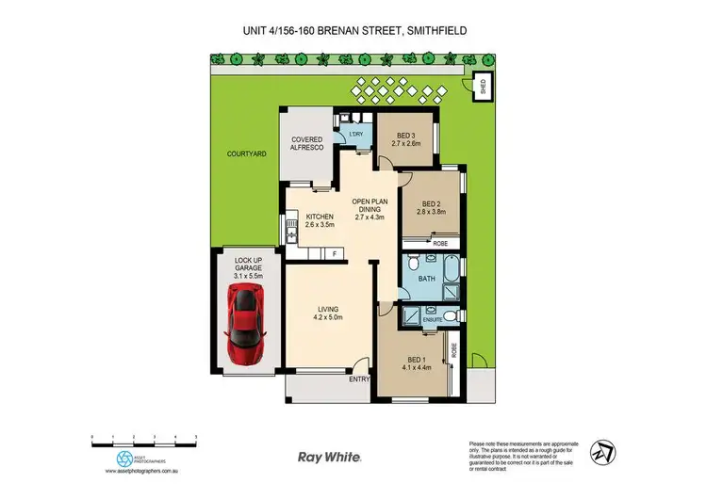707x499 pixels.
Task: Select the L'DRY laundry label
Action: point(355,135)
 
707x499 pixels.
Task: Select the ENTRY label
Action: point(359,379)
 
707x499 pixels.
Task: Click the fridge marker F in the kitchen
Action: point(334,254)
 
